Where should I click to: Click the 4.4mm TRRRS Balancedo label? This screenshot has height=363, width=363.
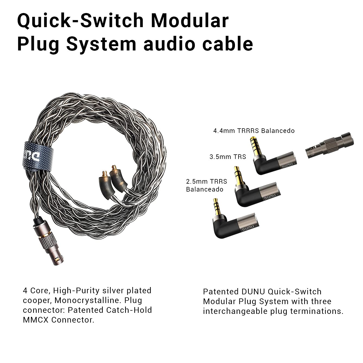pyautogui.click(x=254, y=131)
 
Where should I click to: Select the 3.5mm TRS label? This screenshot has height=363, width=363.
pyautogui.click(x=228, y=157)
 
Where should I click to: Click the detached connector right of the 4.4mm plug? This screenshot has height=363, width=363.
pyautogui.click(x=329, y=145)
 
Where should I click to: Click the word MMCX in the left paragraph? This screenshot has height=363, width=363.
pyautogui.click(x=36, y=320)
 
